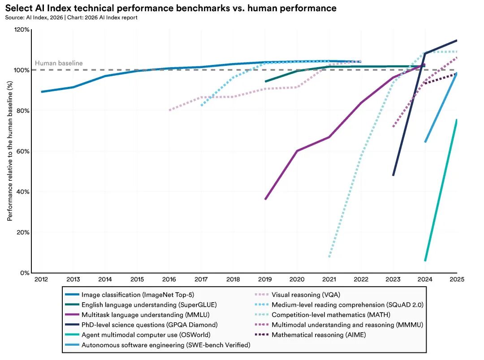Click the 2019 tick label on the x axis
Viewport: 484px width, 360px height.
click(265, 279)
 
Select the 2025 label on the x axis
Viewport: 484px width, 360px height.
click(457, 279)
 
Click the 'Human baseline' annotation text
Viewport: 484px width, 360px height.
click(59, 63)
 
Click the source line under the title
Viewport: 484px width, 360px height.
click(71, 17)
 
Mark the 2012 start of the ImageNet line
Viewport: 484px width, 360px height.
click(42, 92)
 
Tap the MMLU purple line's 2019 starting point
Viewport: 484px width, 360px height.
click(265, 199)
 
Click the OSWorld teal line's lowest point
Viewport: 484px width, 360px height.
click(425, 261)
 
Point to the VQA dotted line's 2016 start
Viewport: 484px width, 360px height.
click(169, 110)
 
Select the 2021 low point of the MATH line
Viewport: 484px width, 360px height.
click(329, 257)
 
